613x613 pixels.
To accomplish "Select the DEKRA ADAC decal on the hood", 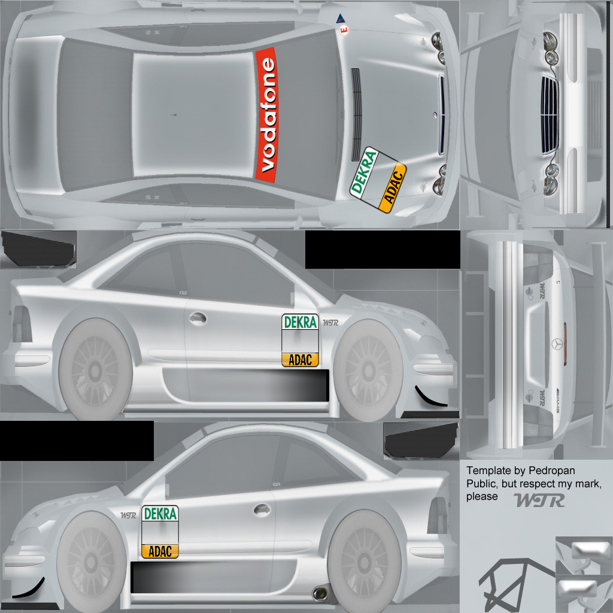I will click(x=378, y=179).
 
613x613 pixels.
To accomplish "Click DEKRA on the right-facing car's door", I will click(x=300, y=322).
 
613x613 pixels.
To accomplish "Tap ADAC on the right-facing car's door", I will click(x=300, y=360).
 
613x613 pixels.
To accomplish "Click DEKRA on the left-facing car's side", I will click(x=160, y=514).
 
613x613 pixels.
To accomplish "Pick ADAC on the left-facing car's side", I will click(x=160, y=551).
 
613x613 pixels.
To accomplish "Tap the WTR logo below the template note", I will click(x=539, y=500).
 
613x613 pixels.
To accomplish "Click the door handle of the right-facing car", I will click(x=197, y=318).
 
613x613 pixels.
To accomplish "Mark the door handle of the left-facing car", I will click(x=261, y=509).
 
